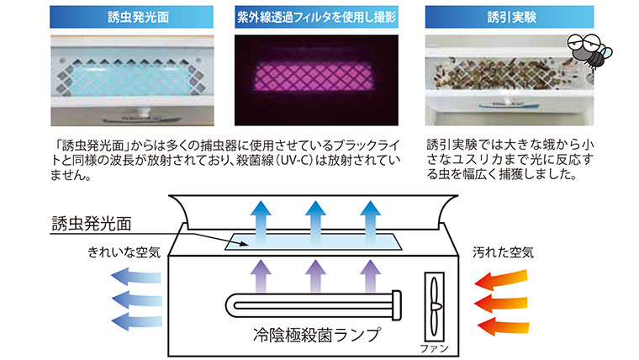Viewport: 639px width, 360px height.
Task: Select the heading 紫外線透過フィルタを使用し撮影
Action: click(x=318, y=16)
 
